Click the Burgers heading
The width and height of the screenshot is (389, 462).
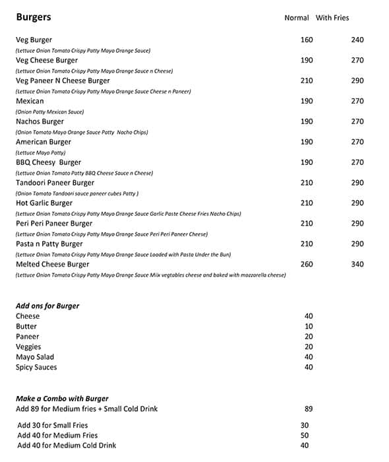33,17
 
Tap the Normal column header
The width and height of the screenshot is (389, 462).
296,18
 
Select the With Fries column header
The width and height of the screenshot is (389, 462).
332,18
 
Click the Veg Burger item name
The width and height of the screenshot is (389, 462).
34,40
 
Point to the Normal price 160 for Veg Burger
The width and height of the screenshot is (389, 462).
307,40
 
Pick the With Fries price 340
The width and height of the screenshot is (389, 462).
357,265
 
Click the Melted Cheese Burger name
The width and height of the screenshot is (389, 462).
52,265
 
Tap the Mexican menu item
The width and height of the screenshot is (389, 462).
30,102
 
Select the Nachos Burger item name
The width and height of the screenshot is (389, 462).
40,122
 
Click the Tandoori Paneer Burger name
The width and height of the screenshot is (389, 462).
55,183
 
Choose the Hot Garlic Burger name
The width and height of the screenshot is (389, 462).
44,203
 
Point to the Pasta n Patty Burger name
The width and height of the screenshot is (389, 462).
49,244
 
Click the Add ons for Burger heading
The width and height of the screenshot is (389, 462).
47,306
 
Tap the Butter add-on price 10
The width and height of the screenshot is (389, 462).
309,327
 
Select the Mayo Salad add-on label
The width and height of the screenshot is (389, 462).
35,357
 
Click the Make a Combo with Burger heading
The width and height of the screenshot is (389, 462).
62,399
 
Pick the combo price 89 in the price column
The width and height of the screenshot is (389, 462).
309,409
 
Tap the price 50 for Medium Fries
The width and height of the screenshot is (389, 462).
305,436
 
